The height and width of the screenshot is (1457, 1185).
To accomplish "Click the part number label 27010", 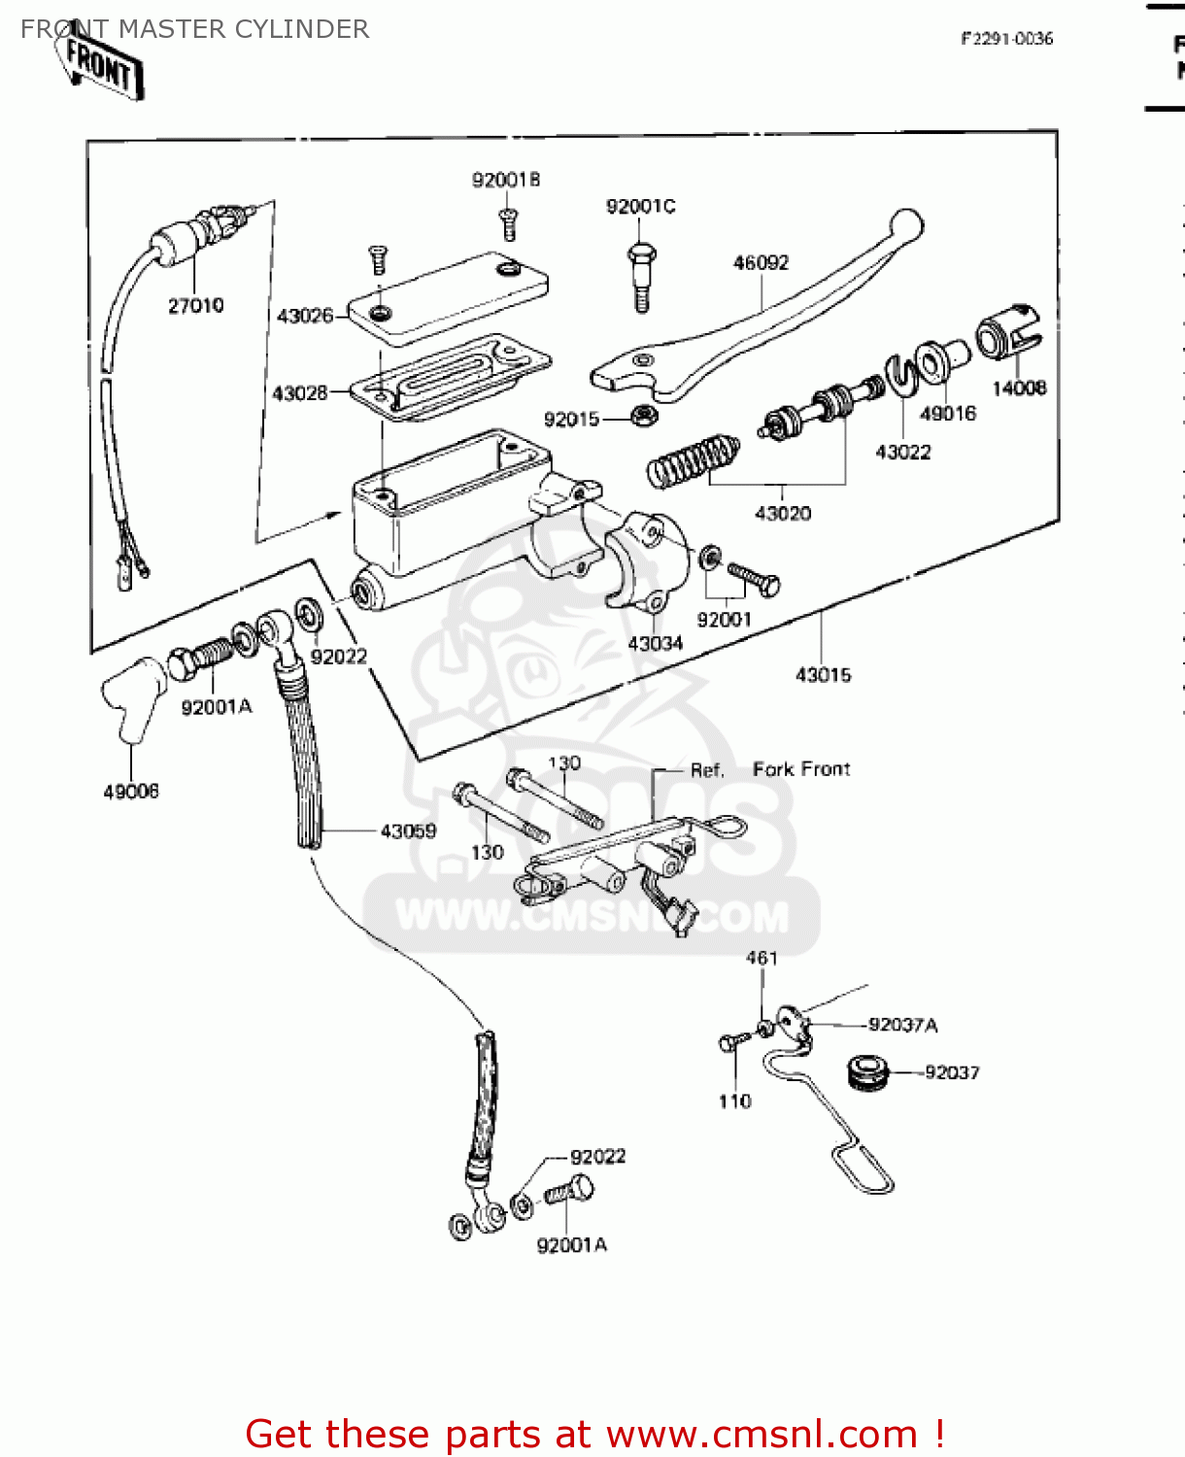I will [195, 306].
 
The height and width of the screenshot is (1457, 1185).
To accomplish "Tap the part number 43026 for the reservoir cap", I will [304, 316].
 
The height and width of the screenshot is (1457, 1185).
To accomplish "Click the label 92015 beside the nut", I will [571, 420].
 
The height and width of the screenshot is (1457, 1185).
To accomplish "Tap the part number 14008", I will [1019, 389].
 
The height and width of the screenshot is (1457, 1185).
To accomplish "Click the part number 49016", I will [947, 414].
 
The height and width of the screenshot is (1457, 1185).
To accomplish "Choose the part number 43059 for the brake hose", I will [408, 831].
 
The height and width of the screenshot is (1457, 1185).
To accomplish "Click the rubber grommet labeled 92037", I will [866, 1071].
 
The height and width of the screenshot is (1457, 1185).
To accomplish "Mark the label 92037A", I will [902, 1026].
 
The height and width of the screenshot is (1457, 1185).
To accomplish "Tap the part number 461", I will [762, 958].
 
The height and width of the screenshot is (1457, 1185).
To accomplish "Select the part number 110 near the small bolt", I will [734, 1101].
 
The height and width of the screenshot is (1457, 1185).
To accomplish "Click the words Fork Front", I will [801, 769].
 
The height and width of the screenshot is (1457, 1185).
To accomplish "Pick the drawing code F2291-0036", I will [1006, 39].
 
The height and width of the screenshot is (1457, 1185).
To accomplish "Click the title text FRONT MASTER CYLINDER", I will [194, 29].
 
